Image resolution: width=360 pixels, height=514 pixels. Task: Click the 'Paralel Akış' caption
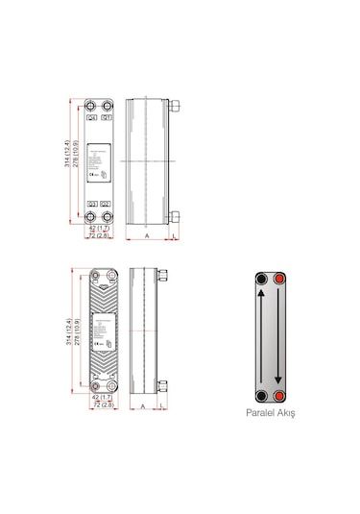[272, 414]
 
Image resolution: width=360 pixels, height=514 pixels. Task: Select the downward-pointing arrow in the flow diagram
[279, 337]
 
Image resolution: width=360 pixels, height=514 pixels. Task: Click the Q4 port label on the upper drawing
[92, 118]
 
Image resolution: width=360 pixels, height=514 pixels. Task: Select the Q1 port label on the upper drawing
[106, 118]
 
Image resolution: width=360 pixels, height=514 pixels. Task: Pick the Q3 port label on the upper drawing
[92, 204]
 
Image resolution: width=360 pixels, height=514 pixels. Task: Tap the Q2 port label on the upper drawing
[106, 204]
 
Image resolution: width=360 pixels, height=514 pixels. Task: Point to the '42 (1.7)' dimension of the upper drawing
[99, 229]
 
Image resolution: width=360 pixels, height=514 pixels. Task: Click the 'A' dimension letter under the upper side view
[145, 235]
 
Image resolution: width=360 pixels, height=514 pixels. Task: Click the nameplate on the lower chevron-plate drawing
[103, 331]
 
